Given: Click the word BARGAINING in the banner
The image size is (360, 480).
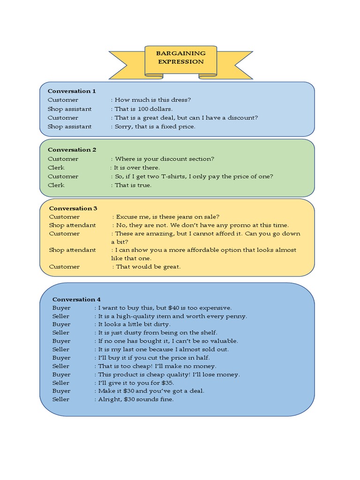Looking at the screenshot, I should (180, 53).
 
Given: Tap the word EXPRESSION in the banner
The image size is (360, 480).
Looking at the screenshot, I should (180, 61).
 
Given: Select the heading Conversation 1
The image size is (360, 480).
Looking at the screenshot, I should (72, 91).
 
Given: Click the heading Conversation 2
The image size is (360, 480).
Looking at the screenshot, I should (72, 150).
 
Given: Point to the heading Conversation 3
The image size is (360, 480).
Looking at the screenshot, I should (73, 208).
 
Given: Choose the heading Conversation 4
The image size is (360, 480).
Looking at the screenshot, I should (76, 299).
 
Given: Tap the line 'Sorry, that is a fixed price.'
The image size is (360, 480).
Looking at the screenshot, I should (155, 127).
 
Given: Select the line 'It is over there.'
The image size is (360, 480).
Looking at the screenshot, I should (137, 167).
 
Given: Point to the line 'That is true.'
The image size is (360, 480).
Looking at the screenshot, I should (133, 185).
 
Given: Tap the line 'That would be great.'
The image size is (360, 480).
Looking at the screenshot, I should (148, 266).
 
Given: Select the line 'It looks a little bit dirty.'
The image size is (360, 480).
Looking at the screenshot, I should (134, 324).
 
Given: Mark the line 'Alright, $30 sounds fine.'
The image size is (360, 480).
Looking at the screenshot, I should (136, 399).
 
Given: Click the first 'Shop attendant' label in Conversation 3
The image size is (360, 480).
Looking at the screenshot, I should (72, 225).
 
